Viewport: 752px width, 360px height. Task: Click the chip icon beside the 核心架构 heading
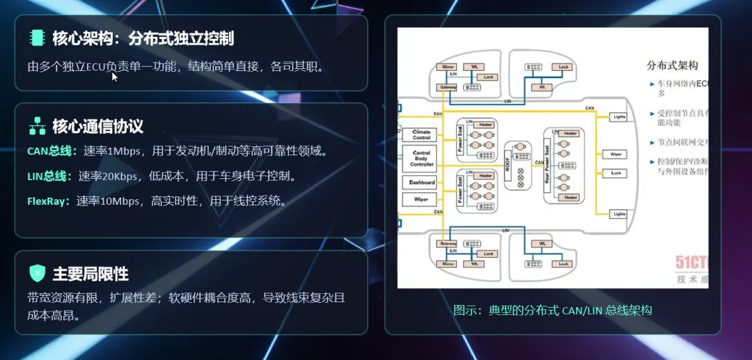(37, 38)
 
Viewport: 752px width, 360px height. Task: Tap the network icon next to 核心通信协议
(37, 126)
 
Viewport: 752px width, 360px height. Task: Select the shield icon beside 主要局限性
(37, 273)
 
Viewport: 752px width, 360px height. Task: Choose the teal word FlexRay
(49, 201)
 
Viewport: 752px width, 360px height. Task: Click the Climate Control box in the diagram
(422, 134)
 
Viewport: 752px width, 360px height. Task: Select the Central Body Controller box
(422, 159)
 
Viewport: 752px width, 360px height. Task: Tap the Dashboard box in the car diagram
(422, 182)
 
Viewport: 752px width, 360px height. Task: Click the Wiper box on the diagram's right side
(616, 154)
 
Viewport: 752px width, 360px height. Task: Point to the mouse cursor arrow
(114, 76)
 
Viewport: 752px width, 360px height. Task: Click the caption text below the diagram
(552, 310)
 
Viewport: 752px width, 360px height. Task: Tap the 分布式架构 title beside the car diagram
(672, 65)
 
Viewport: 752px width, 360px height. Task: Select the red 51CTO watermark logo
(691, 263)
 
